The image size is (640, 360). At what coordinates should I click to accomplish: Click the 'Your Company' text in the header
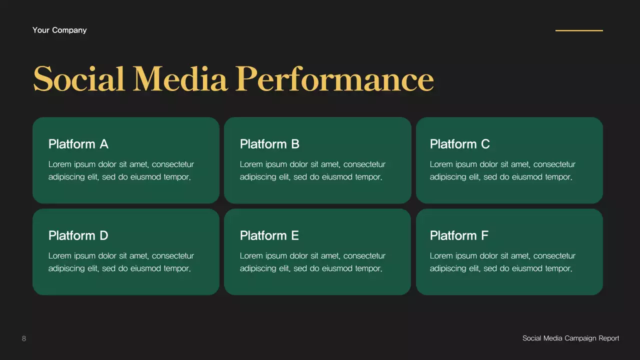coord(59,30)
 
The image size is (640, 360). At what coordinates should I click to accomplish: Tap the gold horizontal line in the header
coord(579,30)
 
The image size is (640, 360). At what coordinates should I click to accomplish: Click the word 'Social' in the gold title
coord(79,79)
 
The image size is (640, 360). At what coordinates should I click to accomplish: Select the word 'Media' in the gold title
coord(180,79)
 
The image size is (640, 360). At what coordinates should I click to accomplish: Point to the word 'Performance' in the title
coord(334,79)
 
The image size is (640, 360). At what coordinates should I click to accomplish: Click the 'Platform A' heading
coord(78,144)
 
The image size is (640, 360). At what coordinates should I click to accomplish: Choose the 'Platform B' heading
coord(269,144)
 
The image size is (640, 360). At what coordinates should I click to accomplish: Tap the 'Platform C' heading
coord(460,144)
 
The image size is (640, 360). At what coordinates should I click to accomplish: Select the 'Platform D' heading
coord(78,235)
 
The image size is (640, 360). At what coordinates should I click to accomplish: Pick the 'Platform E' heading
coord(269,235)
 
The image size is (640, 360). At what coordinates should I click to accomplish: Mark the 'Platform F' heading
coord(459,235)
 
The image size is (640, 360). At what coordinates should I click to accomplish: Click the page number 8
coord(24,338)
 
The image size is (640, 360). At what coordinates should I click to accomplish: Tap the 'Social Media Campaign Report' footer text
coord(571,338)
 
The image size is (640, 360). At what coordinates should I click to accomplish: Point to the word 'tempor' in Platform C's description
coord(558,177)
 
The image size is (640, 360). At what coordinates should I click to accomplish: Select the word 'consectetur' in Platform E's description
coord(364,256)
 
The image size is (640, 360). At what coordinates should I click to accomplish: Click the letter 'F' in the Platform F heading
coord(484,235)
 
